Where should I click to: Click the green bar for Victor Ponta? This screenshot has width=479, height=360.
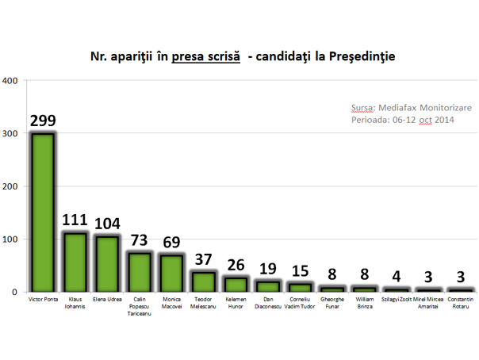(x=42, y=212)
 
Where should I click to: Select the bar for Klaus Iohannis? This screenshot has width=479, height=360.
(x=75, y=262)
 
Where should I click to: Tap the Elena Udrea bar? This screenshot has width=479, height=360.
(x=107, y=263)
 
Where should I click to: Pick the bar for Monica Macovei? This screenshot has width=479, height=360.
(x=171, y=273)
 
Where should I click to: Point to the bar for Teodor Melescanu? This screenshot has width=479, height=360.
(x=203, y=281)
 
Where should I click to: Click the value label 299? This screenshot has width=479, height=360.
(x=43, y=121)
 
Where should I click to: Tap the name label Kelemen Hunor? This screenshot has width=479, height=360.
(x=236, y=306)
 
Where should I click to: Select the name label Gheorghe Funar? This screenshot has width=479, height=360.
(x=332, y=306)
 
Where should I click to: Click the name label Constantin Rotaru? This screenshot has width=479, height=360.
(x=461, y=306)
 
